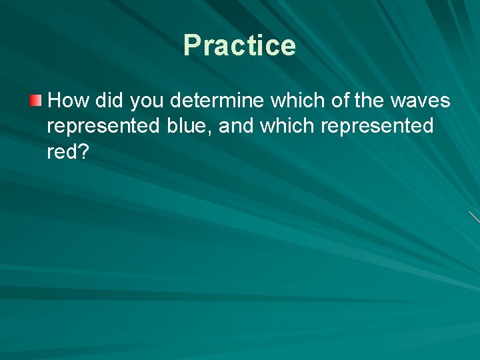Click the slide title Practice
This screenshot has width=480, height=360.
[239, 45]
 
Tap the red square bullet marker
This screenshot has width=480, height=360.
[35, 101]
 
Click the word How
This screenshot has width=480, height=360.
[69, 101]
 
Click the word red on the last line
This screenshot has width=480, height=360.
[61, 152]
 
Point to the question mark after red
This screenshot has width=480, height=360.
[83, 152]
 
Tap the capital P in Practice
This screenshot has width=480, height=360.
[192, 45]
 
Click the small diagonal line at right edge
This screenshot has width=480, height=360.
[474, 217]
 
